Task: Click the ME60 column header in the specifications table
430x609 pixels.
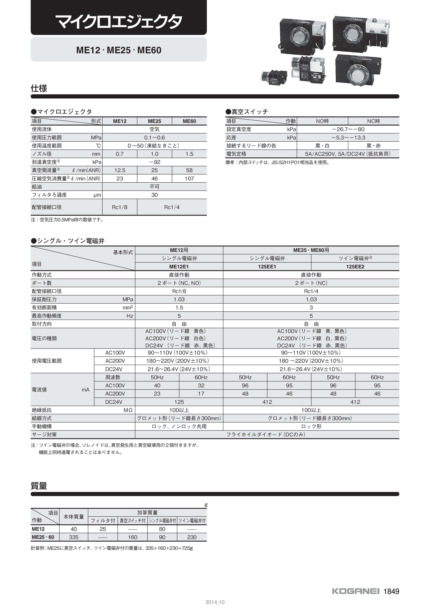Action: (x=189, y=121)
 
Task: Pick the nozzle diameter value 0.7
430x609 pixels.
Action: (x=120, y=154)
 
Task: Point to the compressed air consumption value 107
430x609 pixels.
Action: (x=189, y=178)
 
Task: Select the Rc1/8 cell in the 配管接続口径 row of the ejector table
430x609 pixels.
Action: (x=120, y=207)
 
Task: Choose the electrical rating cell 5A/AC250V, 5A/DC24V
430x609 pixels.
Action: (x=348, y=154)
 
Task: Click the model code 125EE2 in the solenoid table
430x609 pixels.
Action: (x=355, y=267)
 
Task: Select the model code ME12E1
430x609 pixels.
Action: (x=179, y=267)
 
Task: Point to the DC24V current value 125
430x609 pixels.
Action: (x=179, y=402)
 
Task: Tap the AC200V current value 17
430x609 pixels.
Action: (x=201, y=394)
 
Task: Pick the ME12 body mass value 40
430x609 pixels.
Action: (x=74, y=529)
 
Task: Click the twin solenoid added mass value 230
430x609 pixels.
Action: (x=192, y=537)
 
